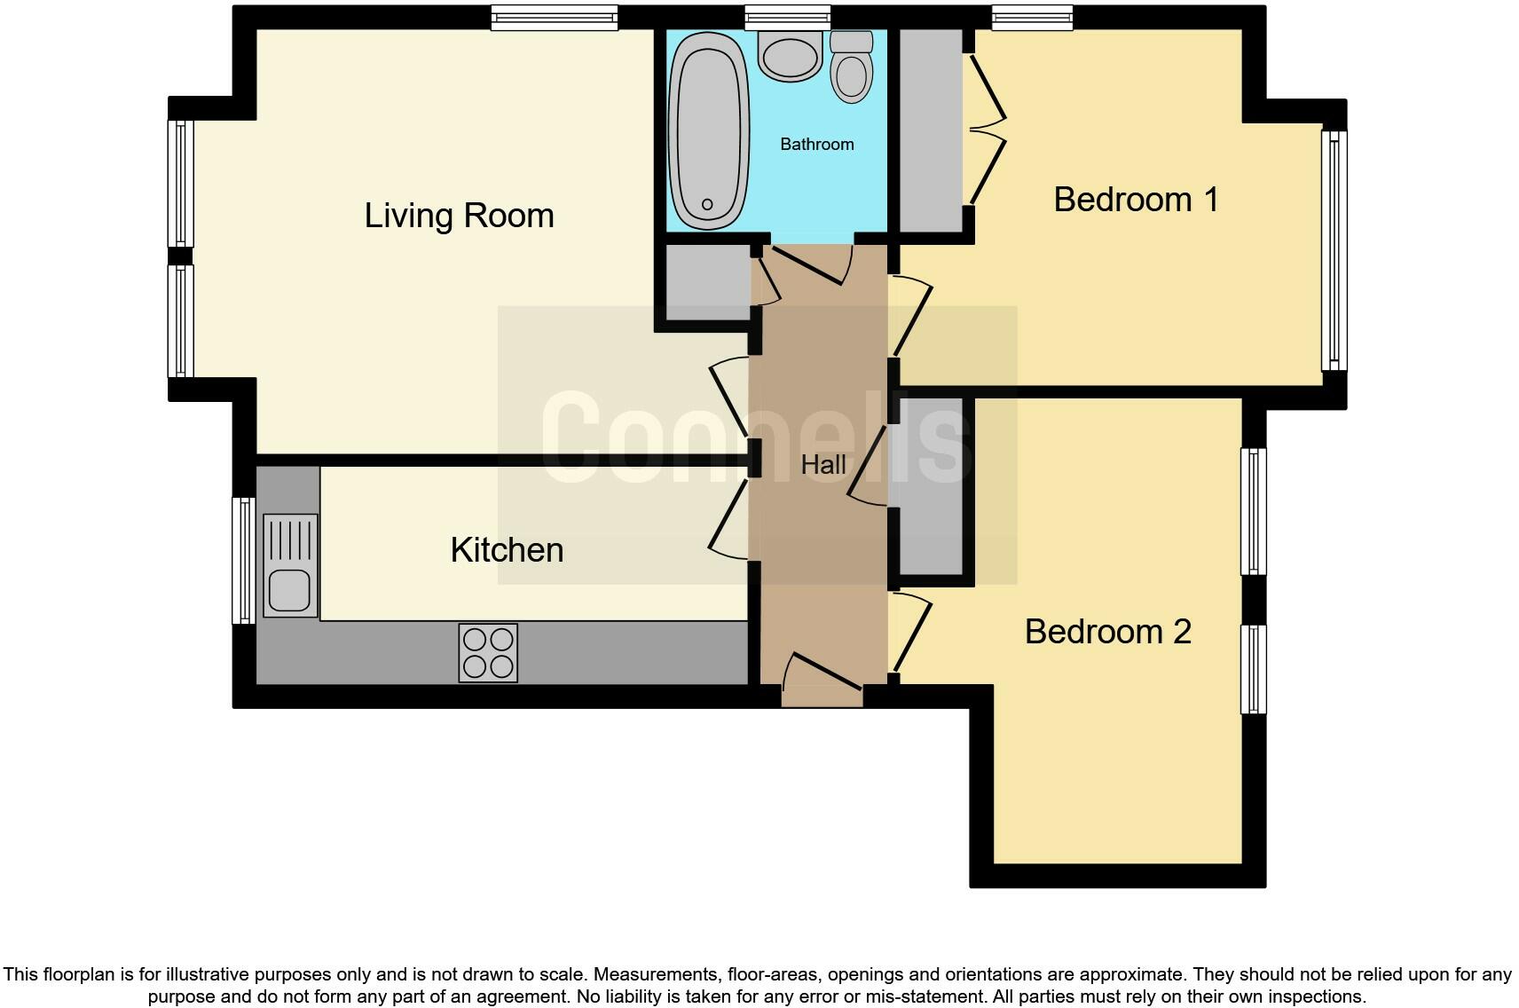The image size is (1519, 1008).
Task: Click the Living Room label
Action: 459,216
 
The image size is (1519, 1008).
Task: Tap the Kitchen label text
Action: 507,550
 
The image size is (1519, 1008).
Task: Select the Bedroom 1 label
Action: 1135,200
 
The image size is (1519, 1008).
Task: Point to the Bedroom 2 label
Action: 1107,632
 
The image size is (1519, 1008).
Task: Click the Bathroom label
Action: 816,144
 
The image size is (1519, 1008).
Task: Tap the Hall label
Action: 822,464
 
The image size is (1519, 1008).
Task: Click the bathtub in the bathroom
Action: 707,130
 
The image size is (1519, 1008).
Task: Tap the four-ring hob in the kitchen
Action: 488,653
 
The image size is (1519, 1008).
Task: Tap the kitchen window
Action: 242,559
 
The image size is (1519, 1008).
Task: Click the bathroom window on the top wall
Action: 787,17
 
